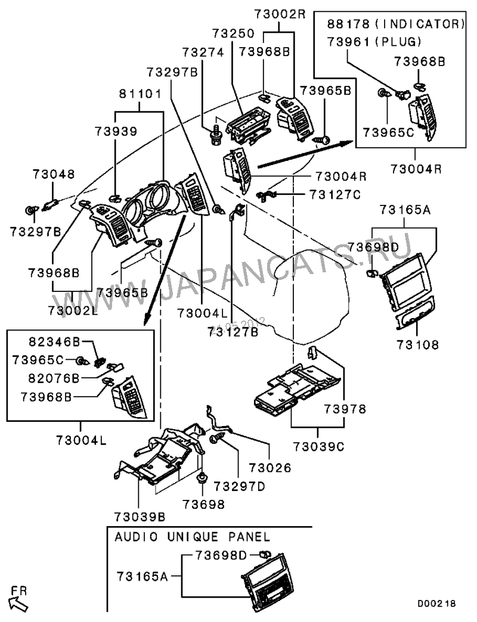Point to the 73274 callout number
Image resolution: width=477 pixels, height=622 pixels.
point(203,52)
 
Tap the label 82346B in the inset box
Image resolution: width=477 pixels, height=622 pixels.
point(54,342)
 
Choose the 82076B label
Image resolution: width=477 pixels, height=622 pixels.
point(54,378)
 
